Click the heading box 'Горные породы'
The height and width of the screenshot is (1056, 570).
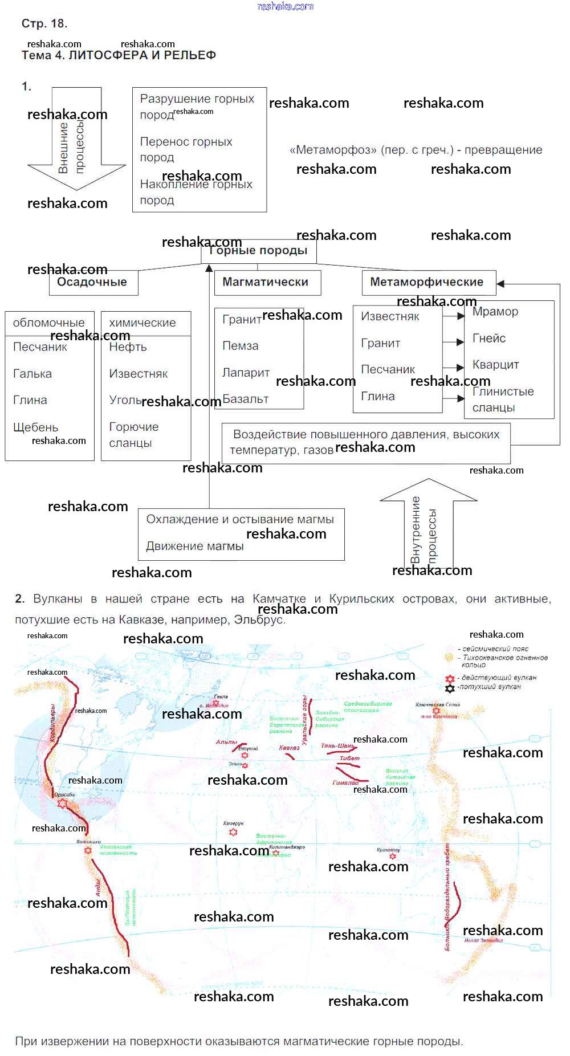coord(258,251)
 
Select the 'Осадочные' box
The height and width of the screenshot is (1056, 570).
coord(93,282)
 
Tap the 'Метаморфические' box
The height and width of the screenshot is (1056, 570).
coord(428,282)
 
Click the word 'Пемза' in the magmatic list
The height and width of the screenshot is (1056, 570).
coord(240,346)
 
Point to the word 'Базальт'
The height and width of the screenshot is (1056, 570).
coord(246,399)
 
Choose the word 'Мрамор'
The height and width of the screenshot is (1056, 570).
coord(495,312)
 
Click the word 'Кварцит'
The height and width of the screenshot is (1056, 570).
coord(495,365)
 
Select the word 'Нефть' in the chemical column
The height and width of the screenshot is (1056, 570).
coord(128,347)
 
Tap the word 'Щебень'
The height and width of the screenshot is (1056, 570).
coord(35,427)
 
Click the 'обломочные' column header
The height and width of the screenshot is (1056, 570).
coord(48,323)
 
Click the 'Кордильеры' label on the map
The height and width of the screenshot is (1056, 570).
coord(53,723)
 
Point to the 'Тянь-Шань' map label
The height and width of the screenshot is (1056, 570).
coord(338,746)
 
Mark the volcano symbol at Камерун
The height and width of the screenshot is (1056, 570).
coord(233,832)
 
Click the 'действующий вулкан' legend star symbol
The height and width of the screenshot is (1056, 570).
coord(450,679)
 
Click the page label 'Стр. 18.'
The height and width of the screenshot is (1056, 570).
coord(44,23)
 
